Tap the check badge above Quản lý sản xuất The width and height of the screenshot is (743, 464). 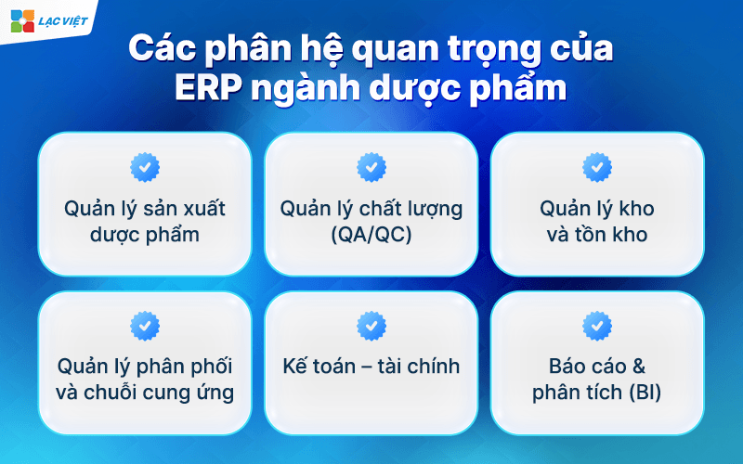pyautogui.click(x=145, y=167)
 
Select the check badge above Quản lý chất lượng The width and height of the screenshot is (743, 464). pyautogui.click(x=371, y=167)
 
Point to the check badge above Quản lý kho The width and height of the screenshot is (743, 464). pyautogui.click(x=597, y=167)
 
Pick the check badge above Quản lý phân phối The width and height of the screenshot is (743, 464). pyautogui.click(x=145, y=325)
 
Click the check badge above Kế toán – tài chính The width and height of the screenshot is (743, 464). pyautogui.click(x=371, y=325)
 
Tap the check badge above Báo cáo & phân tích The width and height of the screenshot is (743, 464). pyautogui.click(x=597, y=325)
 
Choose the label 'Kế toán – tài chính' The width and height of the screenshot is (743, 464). pyautogui.click(x=371, y=365)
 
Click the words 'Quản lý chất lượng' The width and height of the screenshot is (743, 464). pyautogui.click(x=371, y=207)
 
